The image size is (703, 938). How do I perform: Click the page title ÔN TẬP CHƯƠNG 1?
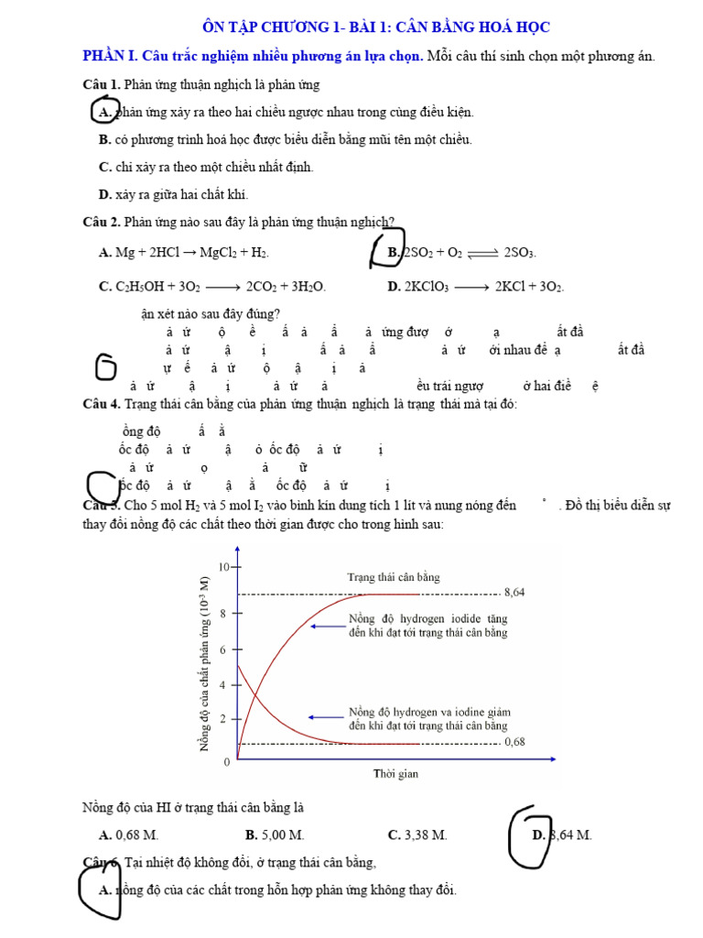click(x=375, y=27)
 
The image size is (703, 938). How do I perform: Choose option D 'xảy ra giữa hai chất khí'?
click(x=173, y=194)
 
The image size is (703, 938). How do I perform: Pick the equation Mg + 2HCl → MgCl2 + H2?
click(x=183, y=252)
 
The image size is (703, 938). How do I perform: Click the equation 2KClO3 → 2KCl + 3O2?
click(x=475, y=287)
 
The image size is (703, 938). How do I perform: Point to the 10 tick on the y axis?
click(x=223, y=567)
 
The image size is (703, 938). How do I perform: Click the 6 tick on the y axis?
click(x=223, y=649)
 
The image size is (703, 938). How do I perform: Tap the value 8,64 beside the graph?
click(x=514, y=593)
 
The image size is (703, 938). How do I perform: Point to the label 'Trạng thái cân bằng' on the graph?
click(x=394, y=577)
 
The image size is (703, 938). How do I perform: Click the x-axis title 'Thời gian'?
click(x=395, y=774)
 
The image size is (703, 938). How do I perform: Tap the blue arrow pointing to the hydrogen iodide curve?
click(x=325, y=627)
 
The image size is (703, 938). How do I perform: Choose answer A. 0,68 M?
click(x=128, y=834)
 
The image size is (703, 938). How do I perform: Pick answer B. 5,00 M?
click(x=275, y=834)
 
